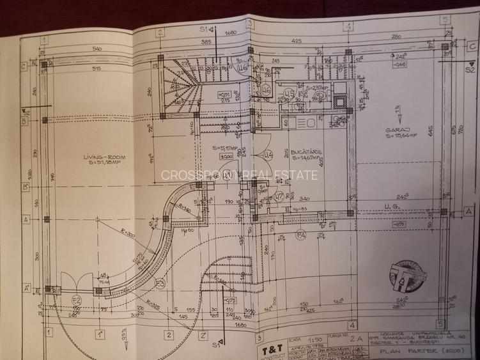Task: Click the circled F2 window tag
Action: coord(76,300)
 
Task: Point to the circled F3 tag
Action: coord(160,282)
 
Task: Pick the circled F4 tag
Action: coord(301,237)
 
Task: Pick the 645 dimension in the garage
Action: coord(431,130)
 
